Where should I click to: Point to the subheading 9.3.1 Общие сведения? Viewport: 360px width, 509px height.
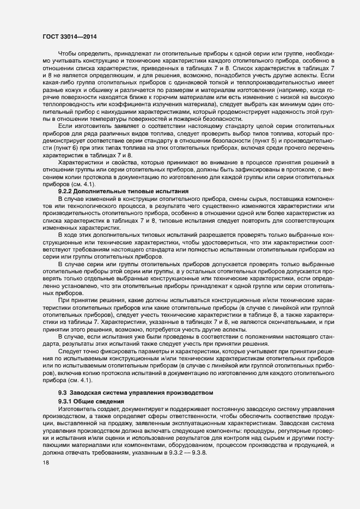(91, 401)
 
